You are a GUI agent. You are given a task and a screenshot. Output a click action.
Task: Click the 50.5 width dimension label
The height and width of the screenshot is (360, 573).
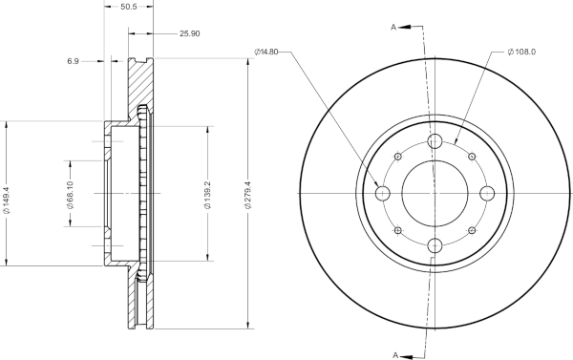tap(128, 7)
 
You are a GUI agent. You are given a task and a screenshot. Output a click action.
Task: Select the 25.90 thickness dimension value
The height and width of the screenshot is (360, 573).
tap(190, 33)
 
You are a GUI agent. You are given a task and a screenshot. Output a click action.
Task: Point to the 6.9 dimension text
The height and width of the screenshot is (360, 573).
tap(73, 61)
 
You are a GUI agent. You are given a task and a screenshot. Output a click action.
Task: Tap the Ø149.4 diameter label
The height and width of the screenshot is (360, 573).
tap(7, 200)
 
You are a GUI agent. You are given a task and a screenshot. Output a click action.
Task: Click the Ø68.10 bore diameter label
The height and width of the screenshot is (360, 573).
tap(70, 195)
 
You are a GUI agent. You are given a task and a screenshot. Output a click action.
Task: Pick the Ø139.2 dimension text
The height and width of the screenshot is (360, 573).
tap(207, 195)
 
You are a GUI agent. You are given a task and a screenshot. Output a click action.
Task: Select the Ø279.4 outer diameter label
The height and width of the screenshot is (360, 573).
tap(248, 195)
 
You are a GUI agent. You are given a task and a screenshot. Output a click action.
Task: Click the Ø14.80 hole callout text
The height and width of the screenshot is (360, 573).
tap(266, 52)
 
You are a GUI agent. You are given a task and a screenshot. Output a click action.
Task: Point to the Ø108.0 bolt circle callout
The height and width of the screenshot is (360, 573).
tap(521, 52)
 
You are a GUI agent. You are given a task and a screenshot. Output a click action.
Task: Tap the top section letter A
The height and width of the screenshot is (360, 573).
tap(393, 27)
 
